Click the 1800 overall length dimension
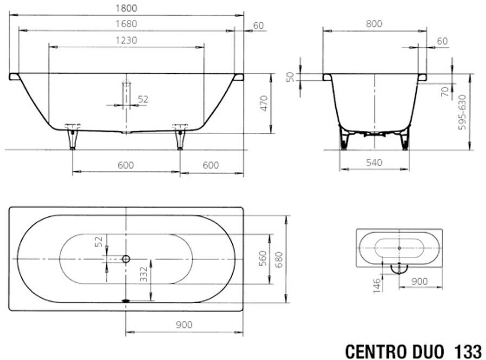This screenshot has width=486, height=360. (x=126, y=8)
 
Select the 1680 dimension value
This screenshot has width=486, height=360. (x=126, y=24)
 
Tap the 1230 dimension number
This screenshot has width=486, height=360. (x=126, y=40)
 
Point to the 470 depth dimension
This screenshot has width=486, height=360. (x=264, y=103)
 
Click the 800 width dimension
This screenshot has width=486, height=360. (x=374, y=23)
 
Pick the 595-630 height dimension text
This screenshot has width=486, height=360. (x=462, y=112)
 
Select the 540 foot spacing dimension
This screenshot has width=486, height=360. (x=374, y=162)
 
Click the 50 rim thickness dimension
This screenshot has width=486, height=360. (x=290, y=77)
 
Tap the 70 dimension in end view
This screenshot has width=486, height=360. (x=445, y=92)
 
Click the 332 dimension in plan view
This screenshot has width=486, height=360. (x=144, y=274)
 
